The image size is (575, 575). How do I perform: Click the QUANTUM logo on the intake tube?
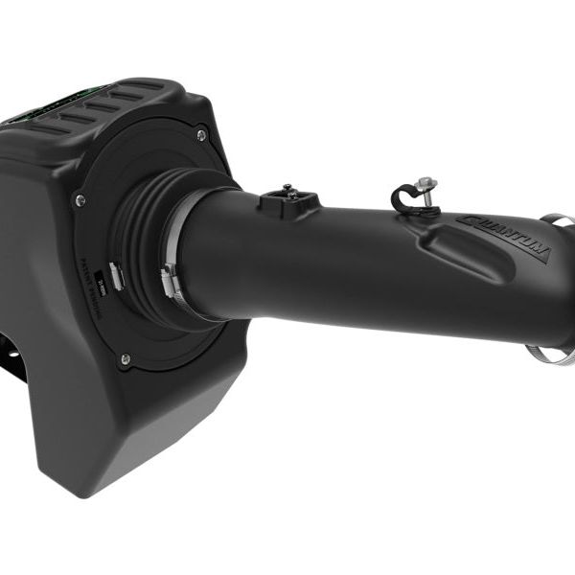point(504,237)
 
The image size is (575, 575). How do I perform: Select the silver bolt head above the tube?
point(427,183)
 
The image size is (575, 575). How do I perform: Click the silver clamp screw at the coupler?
point(169,282)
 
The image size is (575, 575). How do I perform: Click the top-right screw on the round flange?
point(201,136)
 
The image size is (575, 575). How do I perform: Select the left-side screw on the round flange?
point(80,200)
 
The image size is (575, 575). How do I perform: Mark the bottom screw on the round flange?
point(125,359)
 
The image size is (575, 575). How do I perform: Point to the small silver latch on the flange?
point(115,276)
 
